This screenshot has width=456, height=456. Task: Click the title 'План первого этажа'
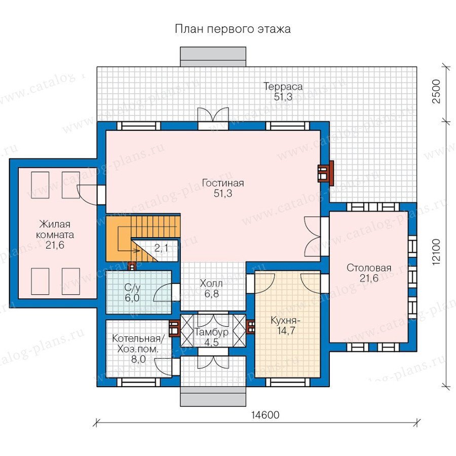click(x=233, y=29)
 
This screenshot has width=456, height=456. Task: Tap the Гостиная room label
click(x=223, y=183)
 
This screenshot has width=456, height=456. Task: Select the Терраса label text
click(x=283, y=86)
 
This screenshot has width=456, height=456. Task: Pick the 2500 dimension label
click(x=437, y=91)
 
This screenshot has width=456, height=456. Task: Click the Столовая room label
click(x=369, y=268)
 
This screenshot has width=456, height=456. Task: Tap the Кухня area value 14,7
click(x=286, y=331)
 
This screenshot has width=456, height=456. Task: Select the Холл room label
click(x=211, y=283)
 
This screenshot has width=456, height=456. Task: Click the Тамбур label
click(x=211, y=332)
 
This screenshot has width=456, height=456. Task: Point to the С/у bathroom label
click(x=132, y=288)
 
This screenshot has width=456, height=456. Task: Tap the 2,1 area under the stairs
click(x=162, y=248)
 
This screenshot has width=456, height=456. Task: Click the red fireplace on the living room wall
click(x=325, y=173)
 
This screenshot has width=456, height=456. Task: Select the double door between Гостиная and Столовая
click(x=313, y=236)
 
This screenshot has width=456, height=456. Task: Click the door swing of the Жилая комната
click(x=87, y=195)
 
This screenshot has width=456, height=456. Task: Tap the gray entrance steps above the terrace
click(x=213, y=57)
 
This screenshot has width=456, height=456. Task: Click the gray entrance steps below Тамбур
click(x=213, y=396)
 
